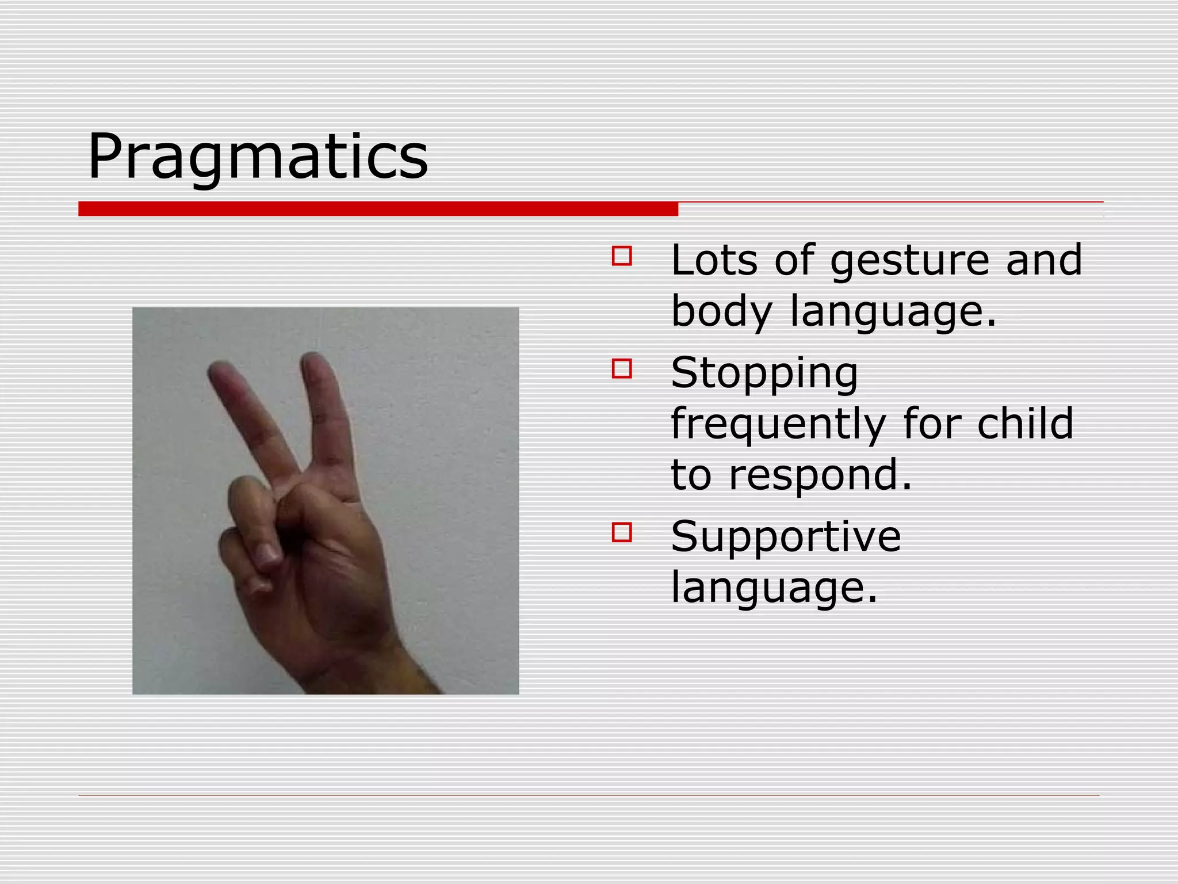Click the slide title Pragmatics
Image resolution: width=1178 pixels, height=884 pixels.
pos(258,157)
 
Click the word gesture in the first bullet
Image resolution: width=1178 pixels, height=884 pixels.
pos(909,261)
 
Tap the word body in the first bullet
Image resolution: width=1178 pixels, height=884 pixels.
pos(722,311)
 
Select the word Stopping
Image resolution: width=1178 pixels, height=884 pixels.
pos(764,374)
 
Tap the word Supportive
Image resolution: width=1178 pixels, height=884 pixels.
pos(786,536)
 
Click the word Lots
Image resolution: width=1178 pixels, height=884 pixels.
pos(714,260)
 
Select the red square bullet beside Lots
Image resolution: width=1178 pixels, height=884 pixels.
pos(622,256)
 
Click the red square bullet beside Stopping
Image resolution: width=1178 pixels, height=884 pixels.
pos(622,368)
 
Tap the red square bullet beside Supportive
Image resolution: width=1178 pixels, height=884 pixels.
pos(622,532)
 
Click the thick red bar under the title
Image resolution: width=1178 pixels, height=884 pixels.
pos(378,209)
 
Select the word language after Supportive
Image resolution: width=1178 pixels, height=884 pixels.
pos(774,588)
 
